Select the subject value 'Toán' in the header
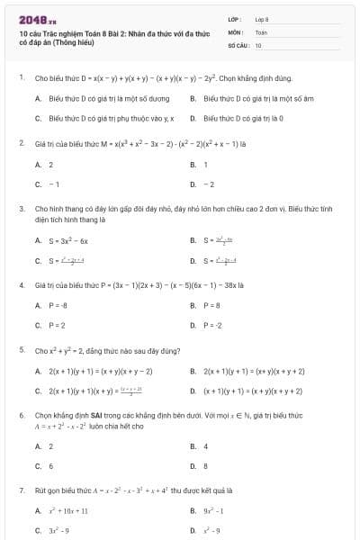261,31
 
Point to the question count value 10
258,44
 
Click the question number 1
21,78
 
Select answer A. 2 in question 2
45,165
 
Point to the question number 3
21,208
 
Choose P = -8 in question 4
53,305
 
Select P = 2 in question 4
51,325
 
